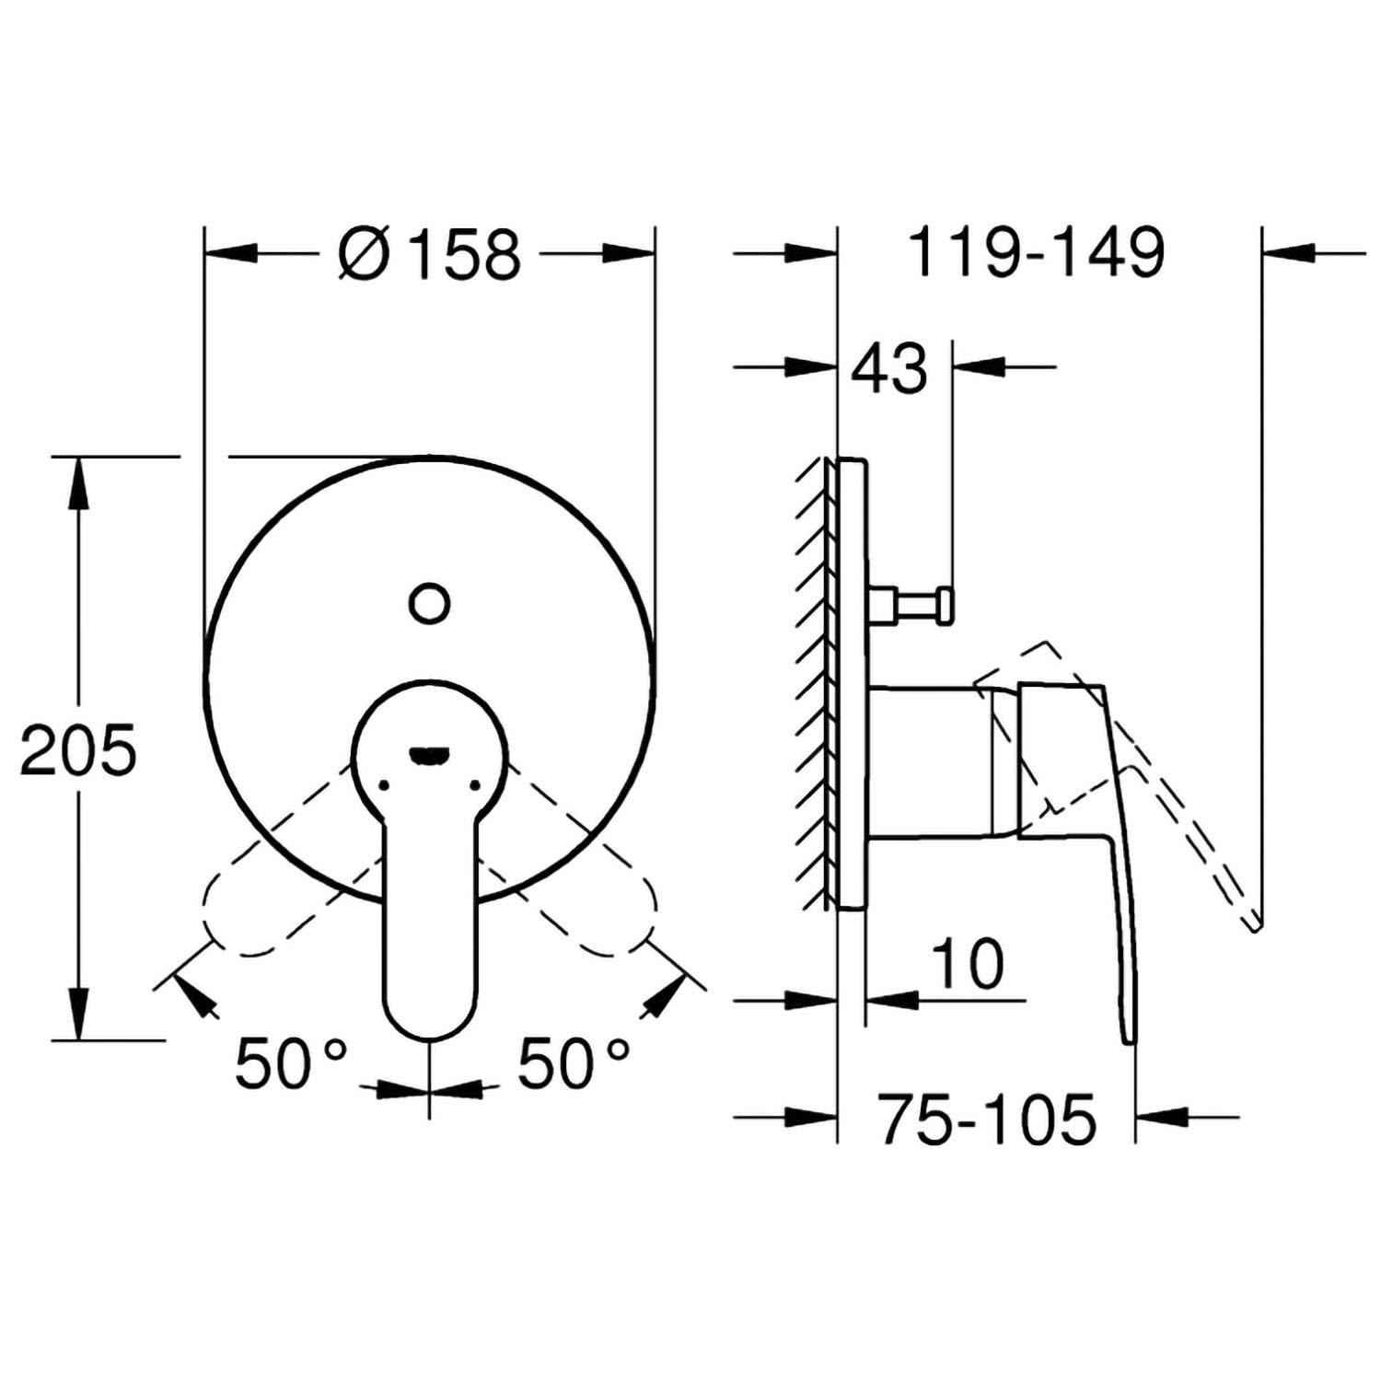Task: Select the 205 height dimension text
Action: click(x=78, y=750)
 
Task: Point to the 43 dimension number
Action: click(x=888, y=368)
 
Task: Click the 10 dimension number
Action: click(x=967, y=963)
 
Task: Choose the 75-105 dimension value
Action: click(x=987, y=1120)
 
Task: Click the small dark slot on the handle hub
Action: click(x=429, y=756)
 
